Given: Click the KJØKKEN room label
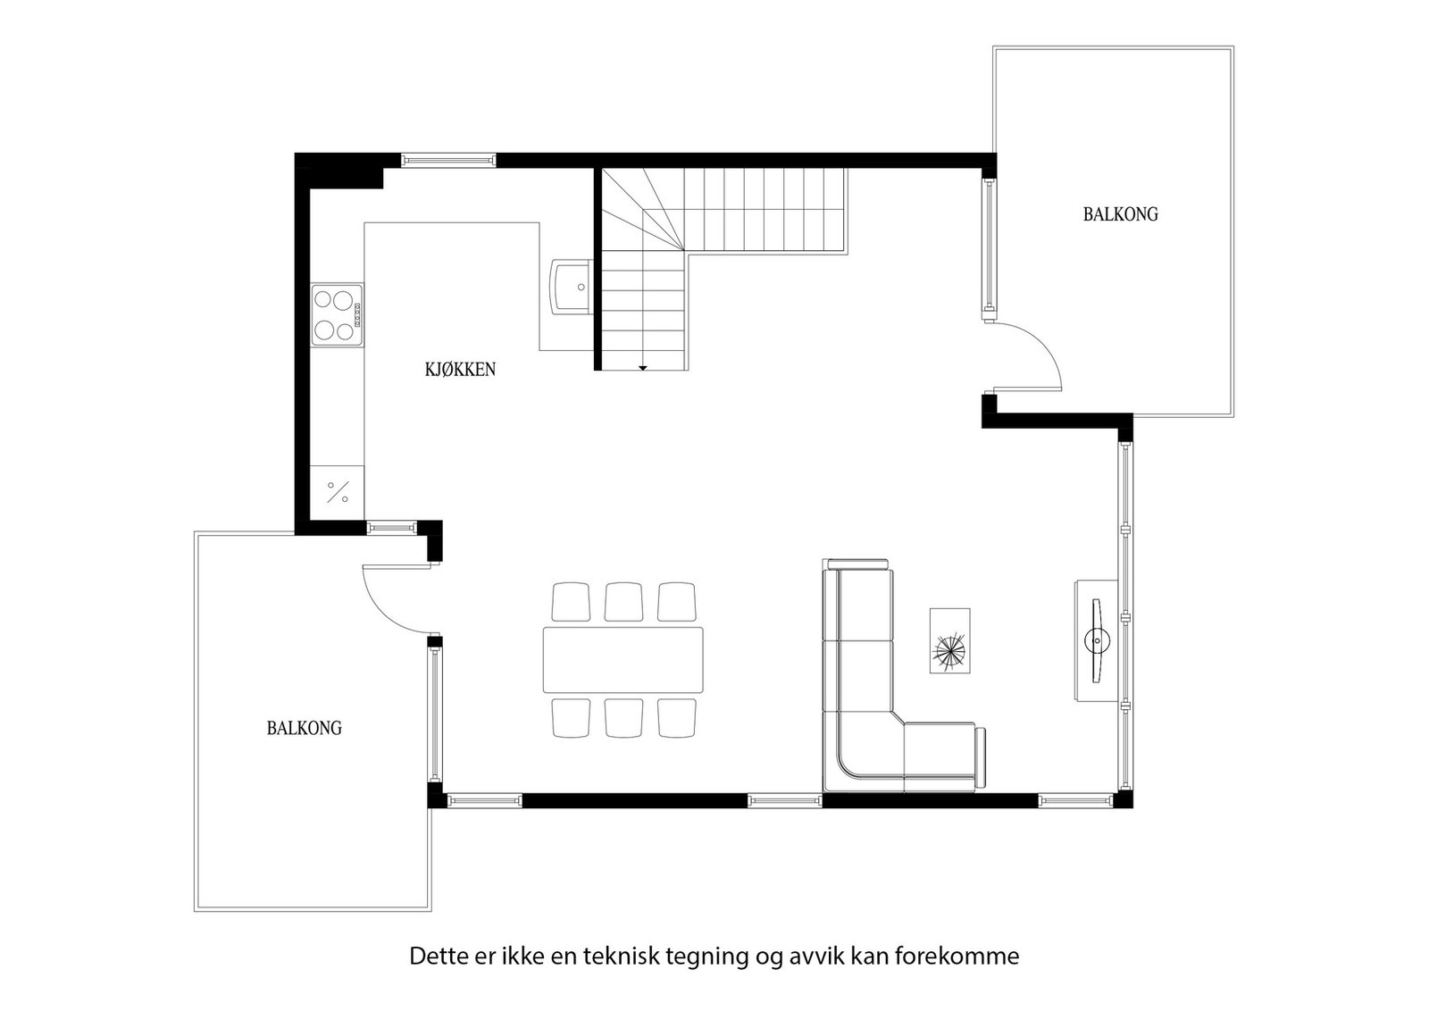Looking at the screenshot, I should (460, 369).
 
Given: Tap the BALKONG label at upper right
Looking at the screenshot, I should (1120, 214).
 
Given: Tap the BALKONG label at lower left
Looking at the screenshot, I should (304, 728).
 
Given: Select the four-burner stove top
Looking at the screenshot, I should (337, 315).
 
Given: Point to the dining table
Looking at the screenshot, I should (623, 660).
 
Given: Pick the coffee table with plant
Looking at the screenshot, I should (949, 640).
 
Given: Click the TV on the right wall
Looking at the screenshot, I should (1097, 640).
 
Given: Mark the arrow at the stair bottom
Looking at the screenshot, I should (642, 367).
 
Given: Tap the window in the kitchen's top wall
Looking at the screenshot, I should (447, 161).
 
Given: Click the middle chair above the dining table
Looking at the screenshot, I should (623, 601).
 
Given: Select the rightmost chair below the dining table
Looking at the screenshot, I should (677, 718).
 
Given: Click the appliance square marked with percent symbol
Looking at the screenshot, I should (338, 491).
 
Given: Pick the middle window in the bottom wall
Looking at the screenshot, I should (784, 800).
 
